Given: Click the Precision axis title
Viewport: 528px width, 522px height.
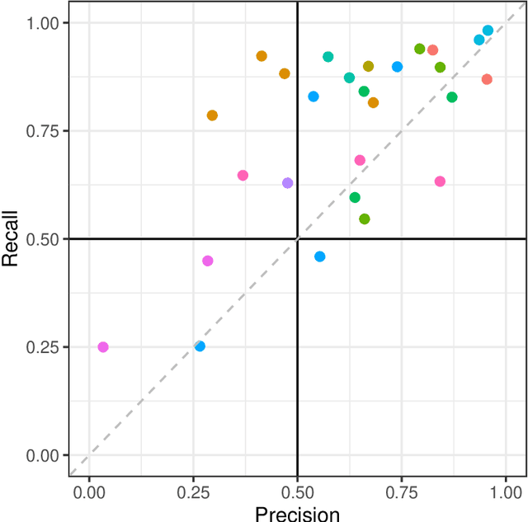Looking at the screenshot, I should [x=297, y=514].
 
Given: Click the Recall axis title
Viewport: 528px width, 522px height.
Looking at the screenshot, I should [x=11, y=238].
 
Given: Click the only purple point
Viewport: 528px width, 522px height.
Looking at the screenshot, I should [x=288, y=183].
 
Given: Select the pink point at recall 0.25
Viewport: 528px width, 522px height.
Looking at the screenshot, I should [x=103, y=347].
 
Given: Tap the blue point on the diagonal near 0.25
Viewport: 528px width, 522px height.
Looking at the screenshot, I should [x=200, y=346].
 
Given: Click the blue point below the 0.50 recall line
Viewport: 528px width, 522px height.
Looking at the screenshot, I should [x=320, y=256].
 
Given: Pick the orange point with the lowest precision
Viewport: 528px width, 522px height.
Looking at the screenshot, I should [x=212, y=115].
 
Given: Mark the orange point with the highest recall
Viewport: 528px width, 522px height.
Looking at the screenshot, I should [x=262, y=56].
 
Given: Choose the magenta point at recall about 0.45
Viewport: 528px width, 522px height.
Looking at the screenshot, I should [x=208, y=261].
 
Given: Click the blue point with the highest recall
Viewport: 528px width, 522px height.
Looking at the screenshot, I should [x=488, y=31].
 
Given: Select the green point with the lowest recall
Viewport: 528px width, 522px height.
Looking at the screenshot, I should [x=365, y=219].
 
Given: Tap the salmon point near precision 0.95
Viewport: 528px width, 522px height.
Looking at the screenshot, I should [x=487, y=79].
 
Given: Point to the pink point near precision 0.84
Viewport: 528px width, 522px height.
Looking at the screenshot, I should [x=440, y=181].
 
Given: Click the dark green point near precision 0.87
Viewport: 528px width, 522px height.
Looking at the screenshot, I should [x=452, y=97].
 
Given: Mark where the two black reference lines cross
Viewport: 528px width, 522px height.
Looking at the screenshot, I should [x=297, y=239].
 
